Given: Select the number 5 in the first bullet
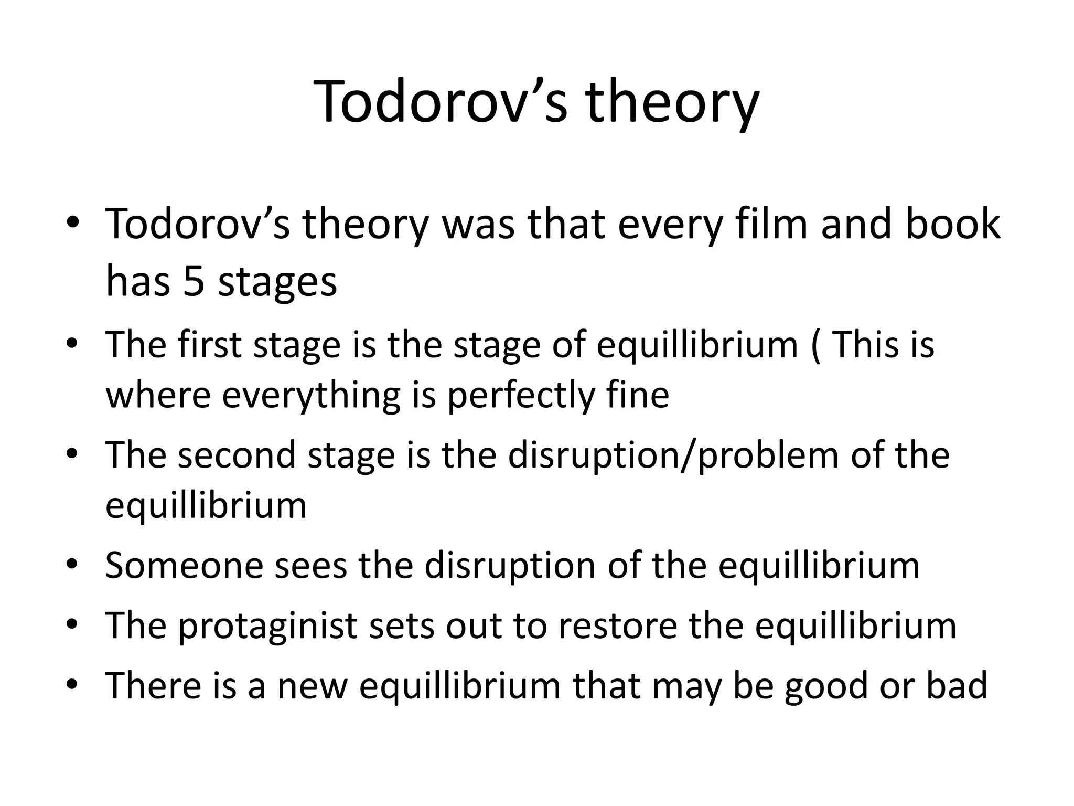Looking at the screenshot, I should [x=194, y=282].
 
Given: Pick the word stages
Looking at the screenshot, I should [x=277, y=283].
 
